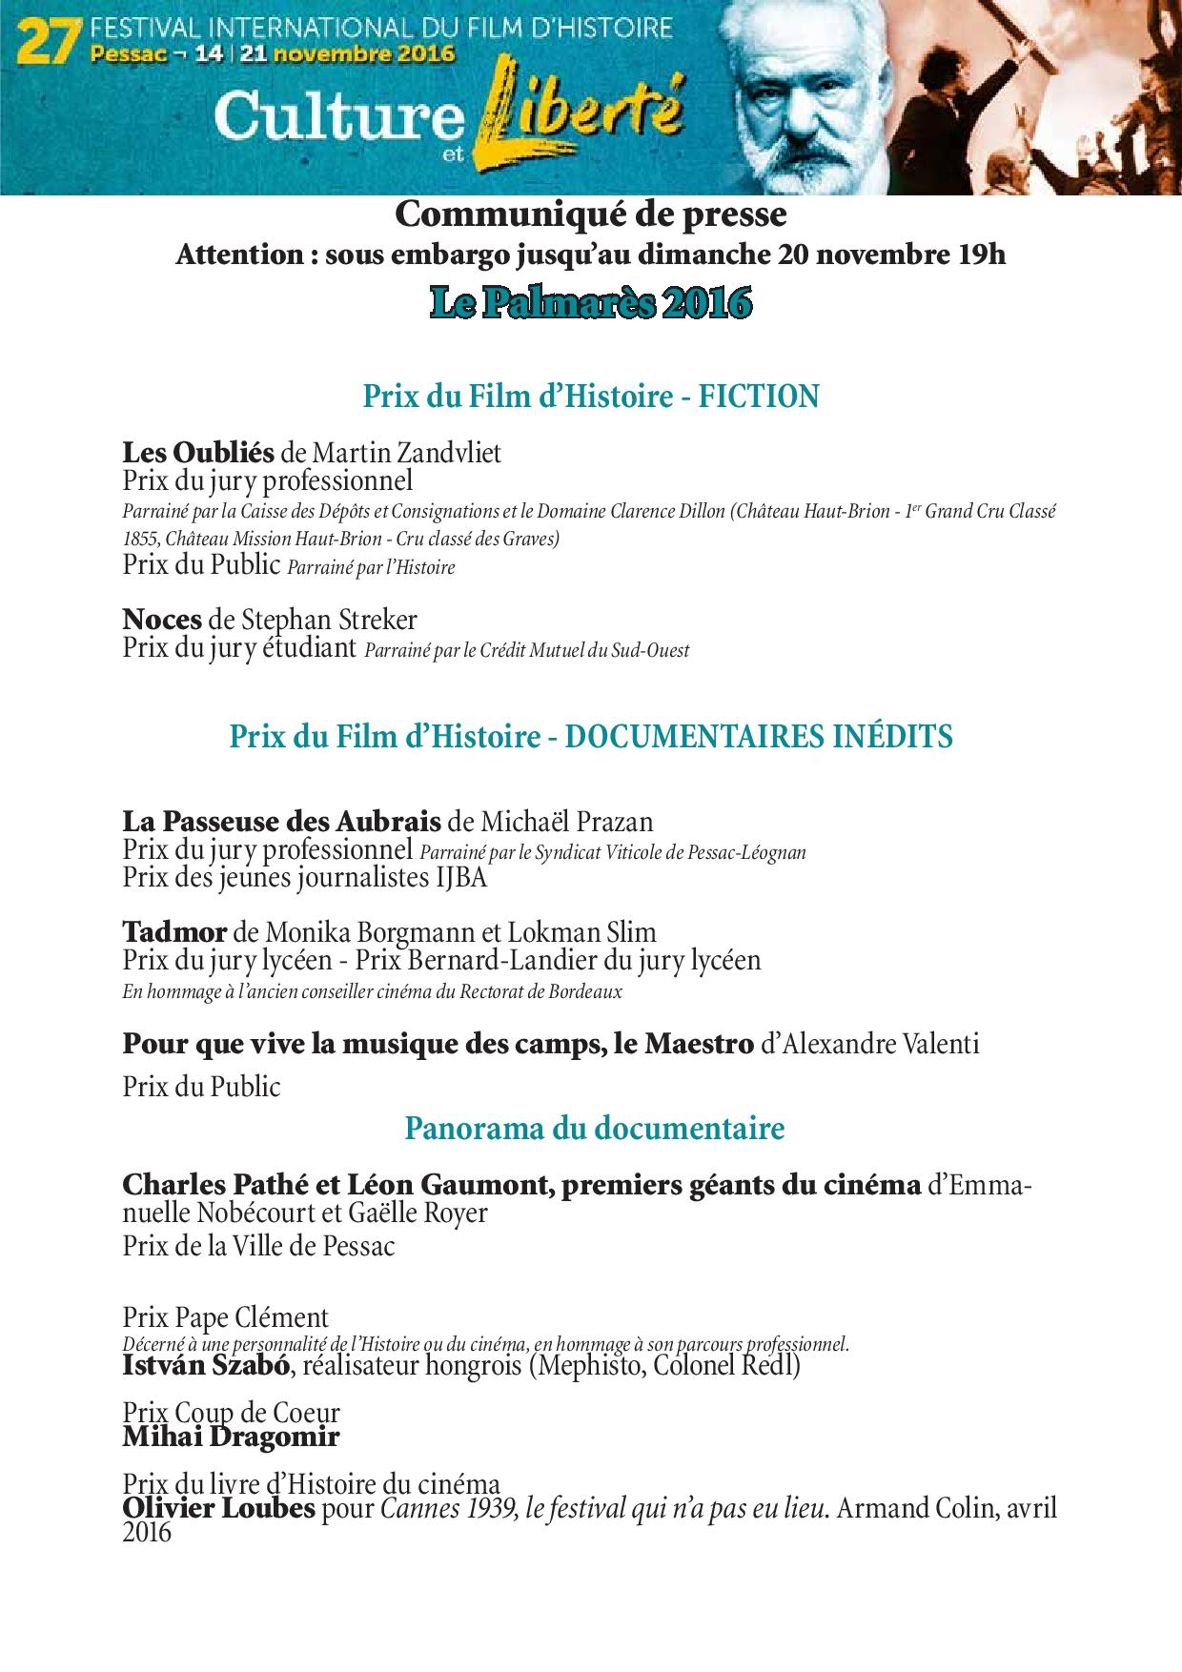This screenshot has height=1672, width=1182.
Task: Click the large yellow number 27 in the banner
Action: [50, 42]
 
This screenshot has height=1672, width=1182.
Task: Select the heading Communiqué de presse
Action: [591, 215]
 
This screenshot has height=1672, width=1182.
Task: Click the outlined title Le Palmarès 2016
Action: [591, 303]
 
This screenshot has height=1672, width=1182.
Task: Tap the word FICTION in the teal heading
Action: [759, 396]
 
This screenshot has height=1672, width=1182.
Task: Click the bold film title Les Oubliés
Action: [198, 452]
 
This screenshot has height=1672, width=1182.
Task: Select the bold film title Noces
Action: [162, 620]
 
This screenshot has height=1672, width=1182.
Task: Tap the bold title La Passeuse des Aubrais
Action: [281, 821]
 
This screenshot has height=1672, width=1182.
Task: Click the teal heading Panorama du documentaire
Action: [595, 1129]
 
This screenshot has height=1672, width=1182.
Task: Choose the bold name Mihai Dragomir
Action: [231, 1436]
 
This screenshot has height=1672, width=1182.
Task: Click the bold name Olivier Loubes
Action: [218, 1510]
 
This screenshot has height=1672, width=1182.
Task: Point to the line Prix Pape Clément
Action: [225, 1318]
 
